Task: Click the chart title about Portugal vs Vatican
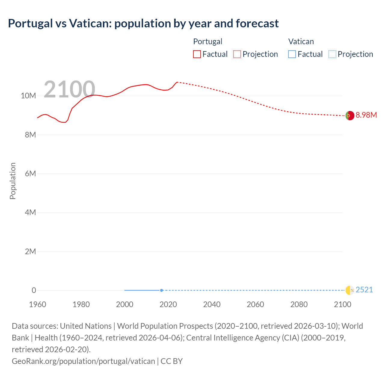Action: pyautogui.click(x=143, y=23)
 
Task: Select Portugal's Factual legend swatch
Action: pyautogui.click(x=197, y=54)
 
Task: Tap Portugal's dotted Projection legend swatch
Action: pyautogui.click(x=237, y=54)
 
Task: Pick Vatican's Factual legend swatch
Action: pyautogui.click(x=292, y=54)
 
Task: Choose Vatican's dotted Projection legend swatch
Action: pyautogui.click(x=332, y=54)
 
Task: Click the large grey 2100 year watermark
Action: pyautogui.click(x=69, y=89)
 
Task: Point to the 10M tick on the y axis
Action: pyautogui.click(x=28, y=96)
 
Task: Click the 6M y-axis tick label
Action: pyautogui.click(x=30, y=174)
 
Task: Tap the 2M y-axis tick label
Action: pyautogui.click(x=30, y=251)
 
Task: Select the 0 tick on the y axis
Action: pyautogui.click(x=34, y=290)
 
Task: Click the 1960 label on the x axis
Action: pyautogui.click(x=38, y=304)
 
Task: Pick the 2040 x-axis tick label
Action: pyautogui.click(x=212, y=304)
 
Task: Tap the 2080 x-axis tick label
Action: pyautogui.click(x=299, y=304)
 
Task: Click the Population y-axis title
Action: pyautogui.click(x=13, y=181)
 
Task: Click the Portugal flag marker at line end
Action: pyautogui.click(x=350, y=115)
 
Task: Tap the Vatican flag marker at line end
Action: pyautogui.click(x=350, y=290)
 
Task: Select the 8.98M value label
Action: pyautogui.click(x=366, y=115)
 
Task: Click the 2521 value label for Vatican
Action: pyautogui.click(x=364, y=290)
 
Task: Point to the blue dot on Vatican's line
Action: pyautogui.click(x=162, y=290)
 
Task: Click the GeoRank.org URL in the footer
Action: pyautogui.click(x=83, y=361)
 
